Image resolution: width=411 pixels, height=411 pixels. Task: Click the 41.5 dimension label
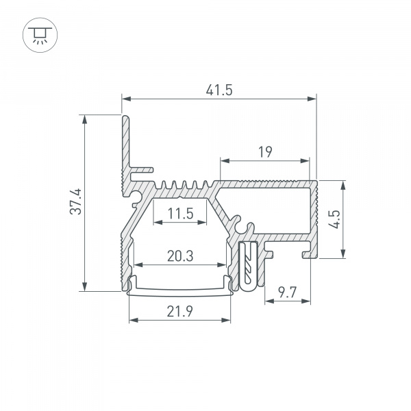pyautogui.click(x=219, y=90)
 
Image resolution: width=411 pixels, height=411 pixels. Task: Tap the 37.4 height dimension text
pyautogui.click(x=76, y=201)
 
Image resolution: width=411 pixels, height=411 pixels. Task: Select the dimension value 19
pyautogui.click(x=265, y=152)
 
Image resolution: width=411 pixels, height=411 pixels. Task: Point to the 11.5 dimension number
pyautogui.click(x=180, y=213)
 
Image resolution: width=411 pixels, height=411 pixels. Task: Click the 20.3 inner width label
pyautogui.click(x=180, y=256)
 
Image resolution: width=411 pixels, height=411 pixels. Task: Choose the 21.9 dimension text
pyautogui.click(x=179, y=312)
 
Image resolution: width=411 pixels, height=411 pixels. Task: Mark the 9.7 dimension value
pyautogui.click(x=287, y=292)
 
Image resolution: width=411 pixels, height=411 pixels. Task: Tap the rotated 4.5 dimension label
pyautogui.click(x=335, y=219)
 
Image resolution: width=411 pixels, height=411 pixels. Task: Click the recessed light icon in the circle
pyautogui.click(x=40, y=35)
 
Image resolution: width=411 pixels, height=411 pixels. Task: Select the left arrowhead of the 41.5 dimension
pyautogui.click(x=126, y=99)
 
